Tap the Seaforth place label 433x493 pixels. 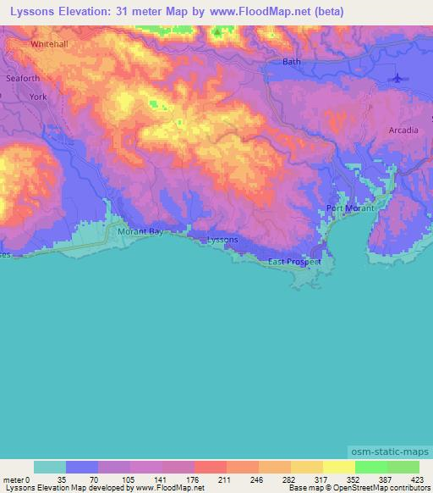pyautogui.click(x=22, y=79)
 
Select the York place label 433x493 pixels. pyautogui.click(x=38, y=97)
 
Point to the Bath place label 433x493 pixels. pyautogui.click(x=292, y=62)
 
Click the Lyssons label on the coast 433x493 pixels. pyautogui.click(x=223, y=240)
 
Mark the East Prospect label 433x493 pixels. pyautogui.click(x=294, y=262)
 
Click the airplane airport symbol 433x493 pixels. pyautogui.click(x=398, y=78)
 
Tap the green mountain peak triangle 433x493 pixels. pyautogui.click(x=217, y=33)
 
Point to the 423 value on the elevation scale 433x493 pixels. pyautogui.click(x=417, y=480)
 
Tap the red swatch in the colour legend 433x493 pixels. pyautogui.click(x=211, y=467)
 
